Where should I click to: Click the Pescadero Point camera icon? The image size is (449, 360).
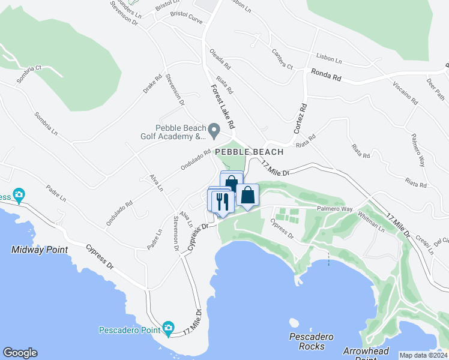point(168,328)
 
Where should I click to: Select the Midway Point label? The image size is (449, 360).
point(39,249)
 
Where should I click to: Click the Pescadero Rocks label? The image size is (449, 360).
point(311,341)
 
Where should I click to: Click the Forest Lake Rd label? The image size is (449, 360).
point(221,106)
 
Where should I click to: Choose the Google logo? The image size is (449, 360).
point(20,353)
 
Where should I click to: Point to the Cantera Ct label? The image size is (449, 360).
point(282,58)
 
